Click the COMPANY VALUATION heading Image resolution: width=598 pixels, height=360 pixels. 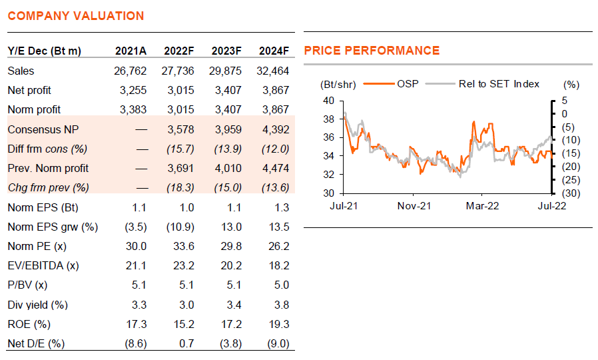tap(76, 16)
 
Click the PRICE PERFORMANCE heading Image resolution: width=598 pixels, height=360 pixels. tap(372, 51)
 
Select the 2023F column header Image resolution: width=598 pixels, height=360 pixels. tap(226, 51)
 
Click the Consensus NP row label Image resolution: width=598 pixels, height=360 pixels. tap(39, 129)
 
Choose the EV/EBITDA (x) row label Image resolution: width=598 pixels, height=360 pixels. tap(43, 265)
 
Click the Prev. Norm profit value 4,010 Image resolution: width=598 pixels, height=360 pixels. tap(227, 168)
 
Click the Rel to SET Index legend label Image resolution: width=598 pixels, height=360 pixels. tap(499, 84)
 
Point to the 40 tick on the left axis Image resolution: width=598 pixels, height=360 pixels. tap(328, 101)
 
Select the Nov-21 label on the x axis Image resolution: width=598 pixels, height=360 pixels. tap(414, 206)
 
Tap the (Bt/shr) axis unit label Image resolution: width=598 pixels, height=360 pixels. tap(338, 84)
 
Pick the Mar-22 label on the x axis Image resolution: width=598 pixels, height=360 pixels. tap(481, 206)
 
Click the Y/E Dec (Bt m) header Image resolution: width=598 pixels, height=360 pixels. tap(44, 51)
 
